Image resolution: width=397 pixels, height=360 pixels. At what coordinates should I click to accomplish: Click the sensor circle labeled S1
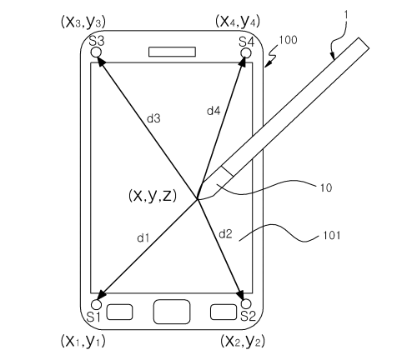[96, 302]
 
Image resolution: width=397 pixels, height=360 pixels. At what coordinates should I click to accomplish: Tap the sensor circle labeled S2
[246, 302]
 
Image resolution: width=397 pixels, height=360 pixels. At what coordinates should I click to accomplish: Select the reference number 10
[326, 188]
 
